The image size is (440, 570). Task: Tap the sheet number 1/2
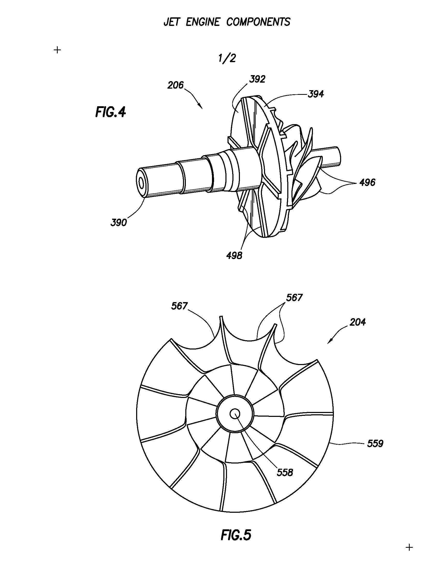(228, 58)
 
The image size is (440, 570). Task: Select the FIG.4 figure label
(111, 112)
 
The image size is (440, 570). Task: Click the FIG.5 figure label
(236, 535)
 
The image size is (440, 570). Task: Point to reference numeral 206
(175, 85)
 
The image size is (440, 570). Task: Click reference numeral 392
(257, 79)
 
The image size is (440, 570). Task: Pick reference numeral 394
(316, 94)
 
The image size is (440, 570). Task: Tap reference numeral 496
(367, 182)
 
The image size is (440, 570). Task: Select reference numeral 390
(119, 223)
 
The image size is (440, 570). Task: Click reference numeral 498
(234, 256)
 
